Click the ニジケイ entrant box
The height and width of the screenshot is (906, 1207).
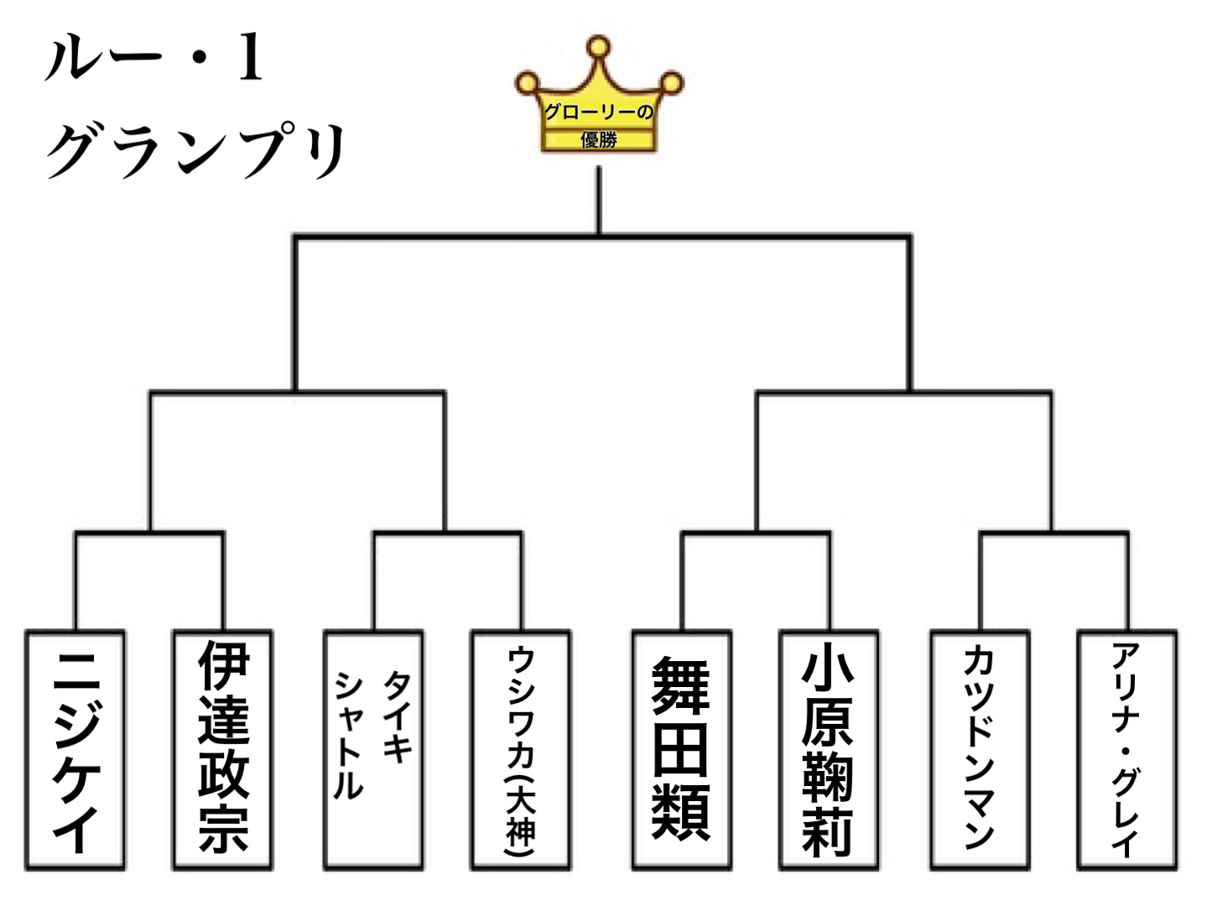coord(75,750)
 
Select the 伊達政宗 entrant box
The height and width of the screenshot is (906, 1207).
coord(223,750)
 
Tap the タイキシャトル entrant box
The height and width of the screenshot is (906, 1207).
coord(373,750)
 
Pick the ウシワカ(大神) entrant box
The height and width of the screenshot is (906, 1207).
coord(521,750)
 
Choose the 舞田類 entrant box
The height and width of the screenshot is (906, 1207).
coord(681,750)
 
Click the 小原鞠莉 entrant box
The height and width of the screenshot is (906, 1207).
coord(829,750)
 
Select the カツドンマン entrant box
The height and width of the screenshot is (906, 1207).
coord(979,750)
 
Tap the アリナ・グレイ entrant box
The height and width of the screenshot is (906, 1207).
coord(1126,750)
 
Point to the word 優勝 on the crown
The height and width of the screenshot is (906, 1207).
coord(599,139)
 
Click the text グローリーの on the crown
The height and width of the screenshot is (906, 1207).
coord(599,112)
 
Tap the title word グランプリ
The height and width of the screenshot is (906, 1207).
coord(197,151)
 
